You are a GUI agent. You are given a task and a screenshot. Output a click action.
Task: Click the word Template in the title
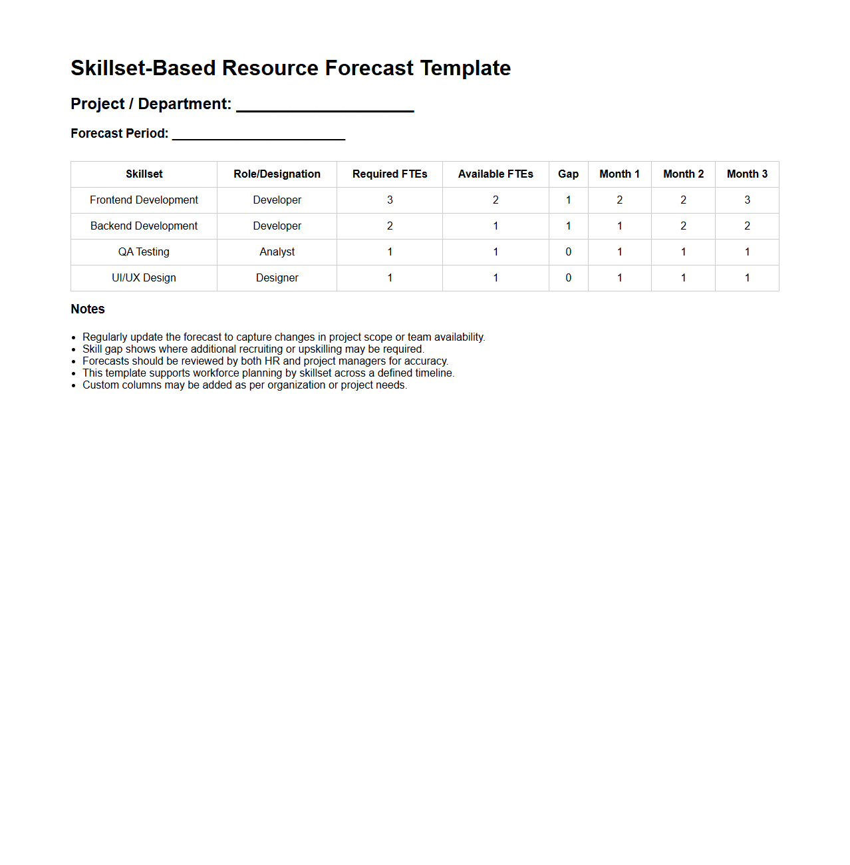[x=465, y=68]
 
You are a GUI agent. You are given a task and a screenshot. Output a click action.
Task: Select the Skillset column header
[x=144, y=174]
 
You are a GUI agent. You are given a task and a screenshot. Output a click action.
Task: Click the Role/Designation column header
[x=277, y=174]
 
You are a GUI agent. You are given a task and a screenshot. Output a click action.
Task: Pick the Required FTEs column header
[x=390, y=174]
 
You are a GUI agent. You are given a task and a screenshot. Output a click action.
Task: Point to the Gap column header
[x=568, y=174]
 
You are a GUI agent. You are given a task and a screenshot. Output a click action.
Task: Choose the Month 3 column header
[x=747, y=174]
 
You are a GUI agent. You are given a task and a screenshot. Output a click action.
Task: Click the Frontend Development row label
[x=144, y=200]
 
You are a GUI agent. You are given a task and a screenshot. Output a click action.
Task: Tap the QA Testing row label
[x=144, y=252]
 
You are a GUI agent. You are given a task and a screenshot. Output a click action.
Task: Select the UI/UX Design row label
[x=144, y=278]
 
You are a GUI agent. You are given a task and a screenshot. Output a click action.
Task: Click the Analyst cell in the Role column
[x=277, y=252]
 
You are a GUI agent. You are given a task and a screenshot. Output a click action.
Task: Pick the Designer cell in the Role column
[x=277, y=278]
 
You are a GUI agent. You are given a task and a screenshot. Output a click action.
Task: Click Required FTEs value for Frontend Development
[x=390, y=200]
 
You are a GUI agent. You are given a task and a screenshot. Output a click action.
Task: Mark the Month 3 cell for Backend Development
[x=747, y=226]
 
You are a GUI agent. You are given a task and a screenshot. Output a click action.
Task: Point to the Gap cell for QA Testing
[x=568, y=252]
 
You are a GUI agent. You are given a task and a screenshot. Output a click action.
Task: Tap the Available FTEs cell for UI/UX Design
[x=496, y=278]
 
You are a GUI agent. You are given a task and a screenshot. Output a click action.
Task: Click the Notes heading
[x=88, y=309]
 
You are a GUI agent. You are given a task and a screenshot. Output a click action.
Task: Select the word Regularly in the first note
[x=104, y=337]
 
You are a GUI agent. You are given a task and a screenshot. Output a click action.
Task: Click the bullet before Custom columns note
[x=74, y=386]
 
